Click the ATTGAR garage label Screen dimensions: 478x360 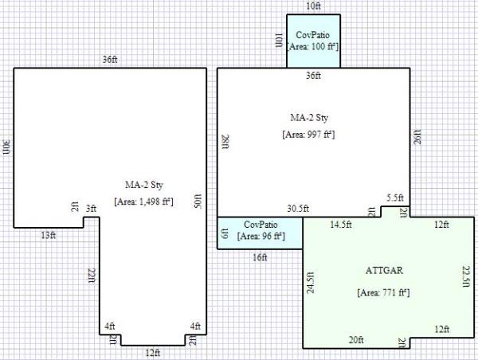click(384, 270)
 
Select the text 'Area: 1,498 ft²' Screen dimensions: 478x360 click(143, 202)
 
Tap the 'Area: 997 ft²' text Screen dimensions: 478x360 click(308, 135)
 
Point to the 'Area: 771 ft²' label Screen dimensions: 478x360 click(383, 292)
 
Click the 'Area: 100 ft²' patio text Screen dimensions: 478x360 click(313, 47)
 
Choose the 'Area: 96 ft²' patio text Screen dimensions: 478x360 click(261, 237)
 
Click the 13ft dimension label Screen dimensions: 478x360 click(49, 235)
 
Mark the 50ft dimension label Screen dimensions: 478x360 click(198, 201)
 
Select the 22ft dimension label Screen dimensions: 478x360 click(92, 276)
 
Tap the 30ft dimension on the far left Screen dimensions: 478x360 click(6, 147)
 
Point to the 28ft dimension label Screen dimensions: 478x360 click(226, 142)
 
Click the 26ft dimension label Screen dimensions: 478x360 click(417, 137)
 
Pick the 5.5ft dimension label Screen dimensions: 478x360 click(395, 198)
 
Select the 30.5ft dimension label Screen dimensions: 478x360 click(298, 209)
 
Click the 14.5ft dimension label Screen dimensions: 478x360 click(341, 225)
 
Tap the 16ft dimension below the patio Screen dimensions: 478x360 click(260, 257)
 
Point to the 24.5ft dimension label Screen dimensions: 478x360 click(311, 283)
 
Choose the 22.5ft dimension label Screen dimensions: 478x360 click(466, 276)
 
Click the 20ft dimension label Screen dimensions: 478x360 click(356, 339)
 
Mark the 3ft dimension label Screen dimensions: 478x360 click(91, 209)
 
